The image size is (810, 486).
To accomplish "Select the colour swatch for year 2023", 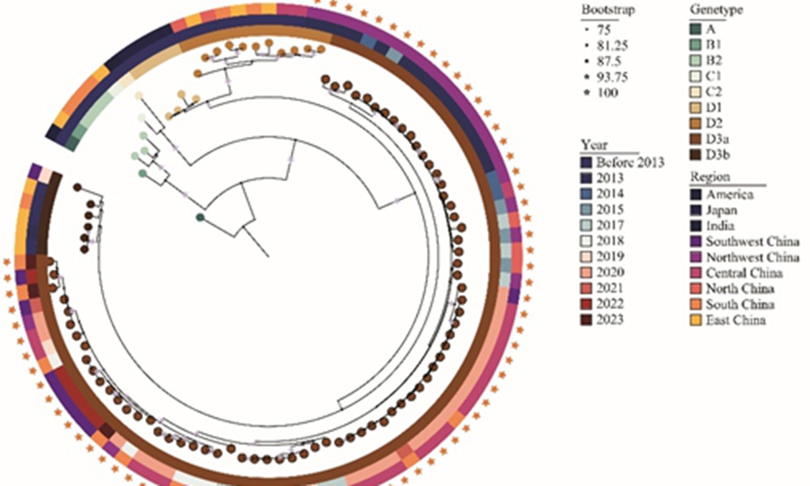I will (586, 319).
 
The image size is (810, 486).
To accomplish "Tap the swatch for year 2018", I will (586, 241).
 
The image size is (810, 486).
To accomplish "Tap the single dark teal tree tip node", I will (200, 217).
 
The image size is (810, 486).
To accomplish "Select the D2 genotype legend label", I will (715, 123).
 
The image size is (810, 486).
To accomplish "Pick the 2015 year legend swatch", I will (586, 209).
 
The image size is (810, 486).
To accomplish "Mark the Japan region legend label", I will (723, 210).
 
